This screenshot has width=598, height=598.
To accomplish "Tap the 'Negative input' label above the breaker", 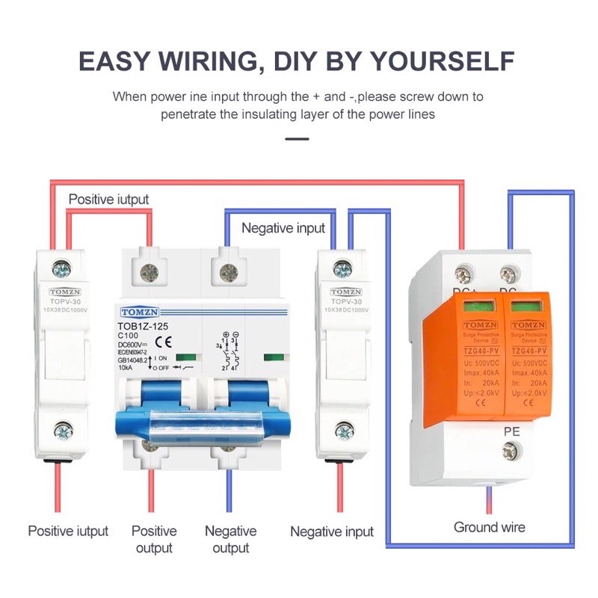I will coord(283,228).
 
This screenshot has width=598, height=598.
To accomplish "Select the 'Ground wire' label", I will coord(490,527).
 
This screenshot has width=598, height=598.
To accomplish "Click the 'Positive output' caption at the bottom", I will coord(154,539).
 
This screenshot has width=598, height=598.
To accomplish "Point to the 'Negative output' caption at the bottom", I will coord(230,539).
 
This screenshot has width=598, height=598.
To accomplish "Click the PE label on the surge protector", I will coord(511,431).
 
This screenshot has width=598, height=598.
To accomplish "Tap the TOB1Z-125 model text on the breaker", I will coord(147,327).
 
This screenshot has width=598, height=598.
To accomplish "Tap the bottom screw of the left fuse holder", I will coord(63,431).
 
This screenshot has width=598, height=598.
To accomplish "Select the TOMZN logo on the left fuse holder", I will coord(64,292).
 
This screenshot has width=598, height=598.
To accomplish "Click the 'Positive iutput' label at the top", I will coord(108,200).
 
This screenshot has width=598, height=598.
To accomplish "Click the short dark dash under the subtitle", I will coord(298,138).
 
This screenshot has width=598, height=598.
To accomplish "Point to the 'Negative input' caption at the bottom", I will coord(331,531).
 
